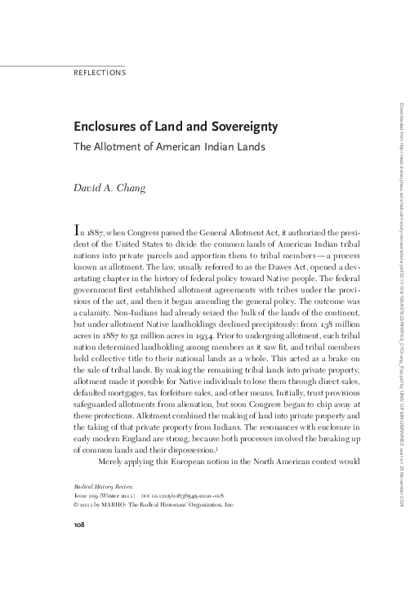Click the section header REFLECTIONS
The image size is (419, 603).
pos(99,73)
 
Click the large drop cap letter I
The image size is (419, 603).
pos(78,230)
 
